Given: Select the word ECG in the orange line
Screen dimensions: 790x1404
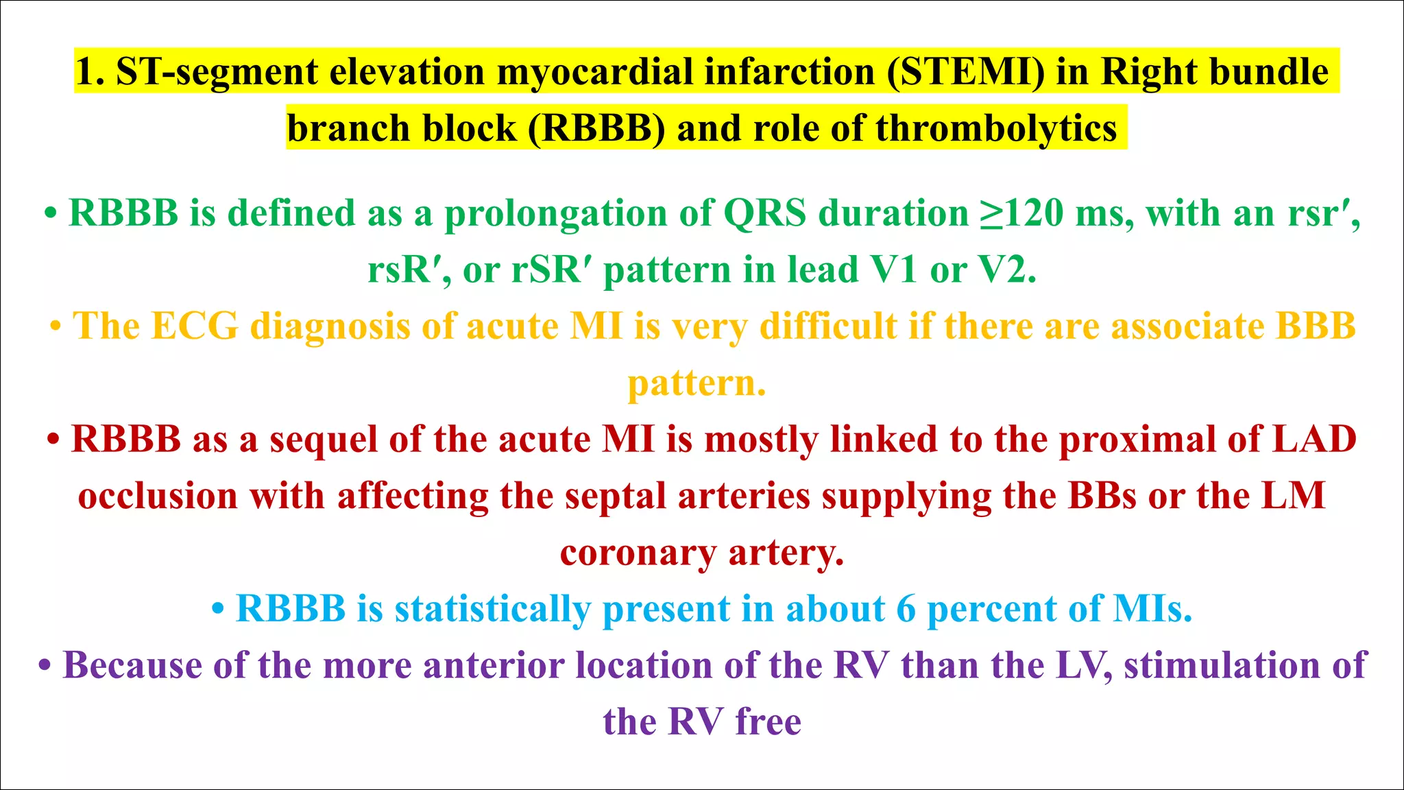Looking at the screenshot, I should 195,326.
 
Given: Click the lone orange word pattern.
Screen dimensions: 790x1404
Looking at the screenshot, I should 697,383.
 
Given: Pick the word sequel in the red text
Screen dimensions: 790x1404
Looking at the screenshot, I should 324,439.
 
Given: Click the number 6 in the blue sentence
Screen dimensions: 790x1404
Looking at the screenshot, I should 906,609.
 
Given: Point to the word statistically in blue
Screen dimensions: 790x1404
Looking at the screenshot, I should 492,609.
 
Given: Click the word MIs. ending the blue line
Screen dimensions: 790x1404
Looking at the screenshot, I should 1152,609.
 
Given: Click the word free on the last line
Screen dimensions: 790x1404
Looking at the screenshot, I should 768,722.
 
